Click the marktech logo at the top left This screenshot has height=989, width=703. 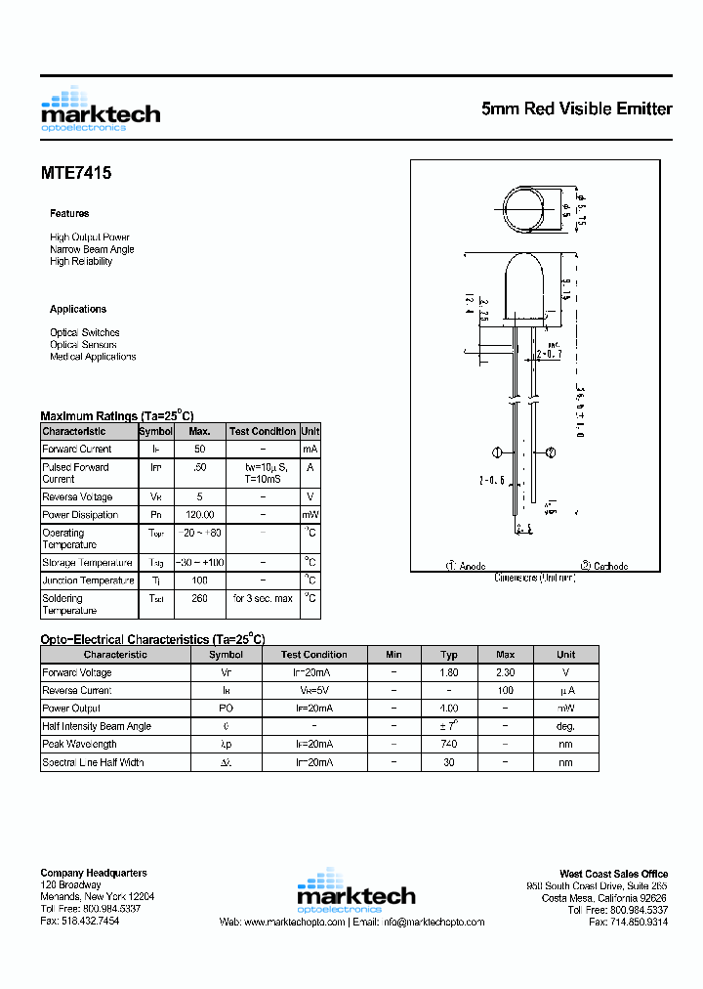(x=100, y=109)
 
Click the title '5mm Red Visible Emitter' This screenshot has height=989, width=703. (x=576, y=109)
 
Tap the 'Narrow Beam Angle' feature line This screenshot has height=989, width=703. (x=92, y=249)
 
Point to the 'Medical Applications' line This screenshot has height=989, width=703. (x=93, y=357)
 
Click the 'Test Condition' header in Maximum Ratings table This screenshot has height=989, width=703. (x=262, y=431)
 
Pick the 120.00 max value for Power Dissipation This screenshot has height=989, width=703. (x=199, y=515)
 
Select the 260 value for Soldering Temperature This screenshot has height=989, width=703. (x=199, y=598)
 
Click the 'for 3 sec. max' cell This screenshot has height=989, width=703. (x=262, y=598)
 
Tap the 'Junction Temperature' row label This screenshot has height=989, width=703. (x=88, y=580)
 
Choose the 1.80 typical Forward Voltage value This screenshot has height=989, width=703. (x=449, y=672)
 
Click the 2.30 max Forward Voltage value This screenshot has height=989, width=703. (x=506, y=672)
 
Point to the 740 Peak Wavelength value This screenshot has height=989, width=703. (x=449, y=744)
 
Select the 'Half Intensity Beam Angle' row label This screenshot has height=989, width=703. (x=97, y=726)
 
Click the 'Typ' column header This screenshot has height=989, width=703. (x=449, y=655)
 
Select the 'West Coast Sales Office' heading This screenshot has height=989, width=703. (x=613, y=874)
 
